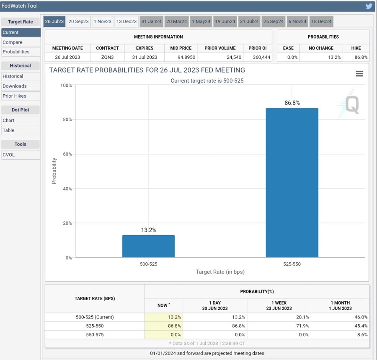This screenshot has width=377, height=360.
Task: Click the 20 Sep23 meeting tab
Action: coord(78,21)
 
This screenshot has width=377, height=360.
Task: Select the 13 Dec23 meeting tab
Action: coord(126,21)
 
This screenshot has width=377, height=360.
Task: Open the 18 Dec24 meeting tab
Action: coord(321,21)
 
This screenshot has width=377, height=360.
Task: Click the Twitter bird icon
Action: coord(369,6)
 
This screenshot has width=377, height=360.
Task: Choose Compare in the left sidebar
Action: coord(13,42)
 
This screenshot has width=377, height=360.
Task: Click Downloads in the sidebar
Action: coord(15,86)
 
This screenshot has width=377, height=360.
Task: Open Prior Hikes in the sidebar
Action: coord(14,96)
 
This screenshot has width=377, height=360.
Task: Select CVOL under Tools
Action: coord(8,155)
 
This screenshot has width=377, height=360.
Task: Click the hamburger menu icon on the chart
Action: coord(359,74)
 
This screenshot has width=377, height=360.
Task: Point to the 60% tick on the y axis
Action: coord(67,154)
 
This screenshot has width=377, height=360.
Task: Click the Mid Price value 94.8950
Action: coord(181,57)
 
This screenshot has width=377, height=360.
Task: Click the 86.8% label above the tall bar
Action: coord(292,103)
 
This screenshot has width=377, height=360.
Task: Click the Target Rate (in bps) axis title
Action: coord(220,272)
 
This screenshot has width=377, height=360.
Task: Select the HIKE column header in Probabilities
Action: coord(356,48)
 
